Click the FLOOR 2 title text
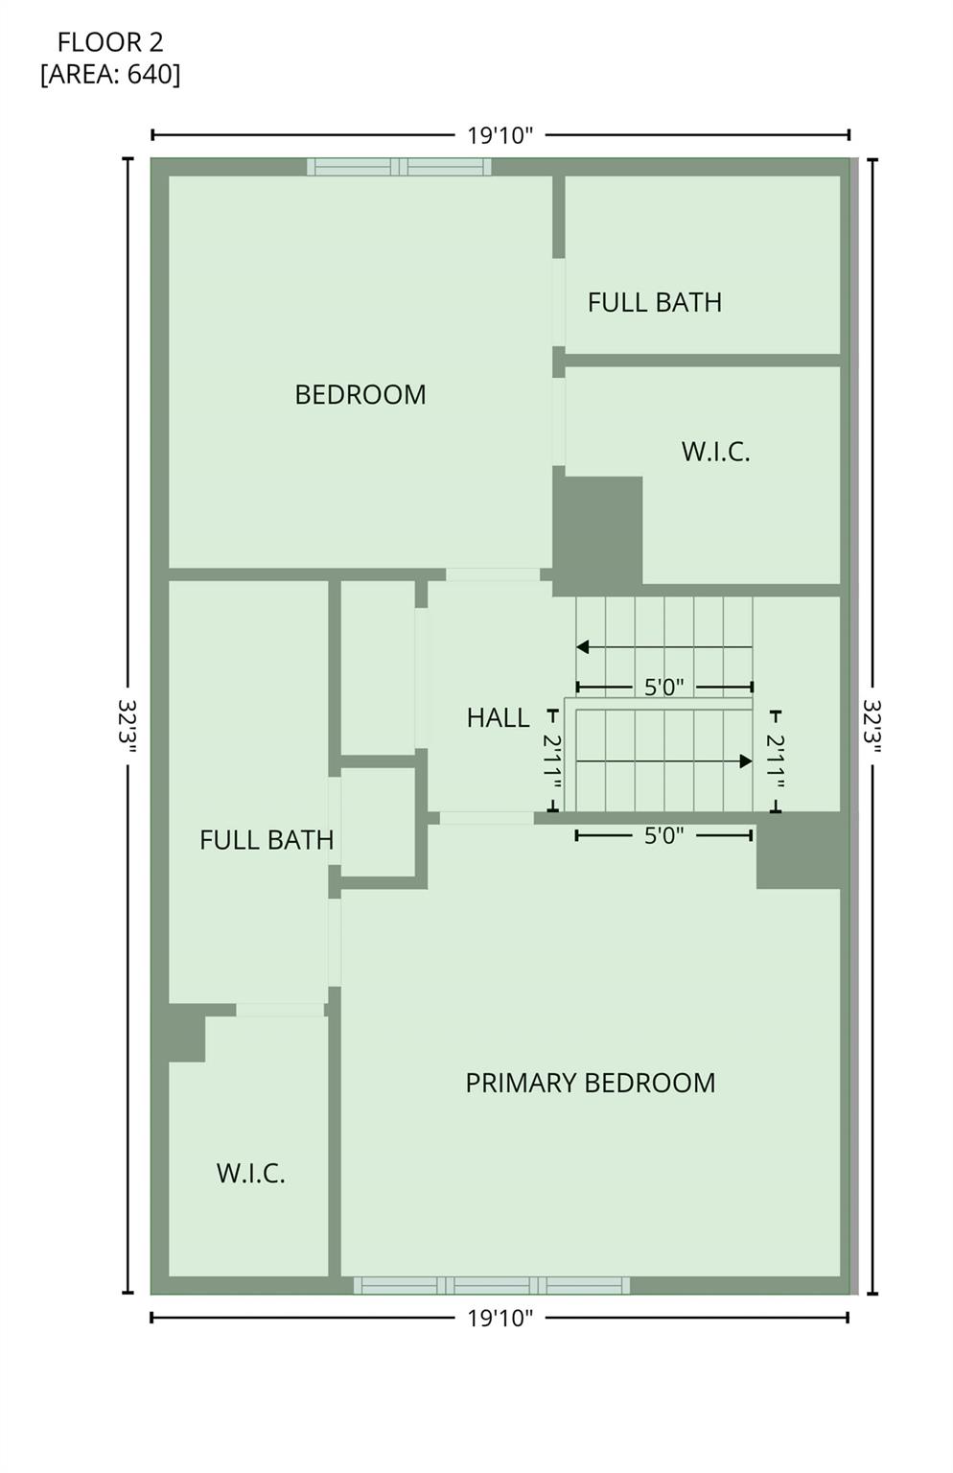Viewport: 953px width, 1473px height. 110,42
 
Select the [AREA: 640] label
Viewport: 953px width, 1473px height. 110,74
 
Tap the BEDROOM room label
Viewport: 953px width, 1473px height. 360,394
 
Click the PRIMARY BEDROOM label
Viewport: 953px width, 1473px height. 590,1083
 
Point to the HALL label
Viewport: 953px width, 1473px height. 498,717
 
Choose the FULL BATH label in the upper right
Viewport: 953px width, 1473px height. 654,302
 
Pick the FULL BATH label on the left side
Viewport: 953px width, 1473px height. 267,840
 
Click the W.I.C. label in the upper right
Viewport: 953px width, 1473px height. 715,452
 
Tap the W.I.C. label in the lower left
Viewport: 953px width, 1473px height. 250,1173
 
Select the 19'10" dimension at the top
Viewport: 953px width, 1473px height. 500,135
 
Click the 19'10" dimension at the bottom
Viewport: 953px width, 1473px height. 500,1318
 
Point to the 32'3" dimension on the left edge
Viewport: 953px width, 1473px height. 128,726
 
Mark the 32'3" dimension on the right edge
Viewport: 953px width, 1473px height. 872,726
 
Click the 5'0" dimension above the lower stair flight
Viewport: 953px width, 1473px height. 663,687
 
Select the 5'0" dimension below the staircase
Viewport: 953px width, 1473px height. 663,835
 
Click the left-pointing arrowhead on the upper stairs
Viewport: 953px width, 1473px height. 582,647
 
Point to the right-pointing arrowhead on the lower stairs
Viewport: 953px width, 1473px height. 746,761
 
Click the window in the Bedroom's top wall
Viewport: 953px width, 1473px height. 399,167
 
